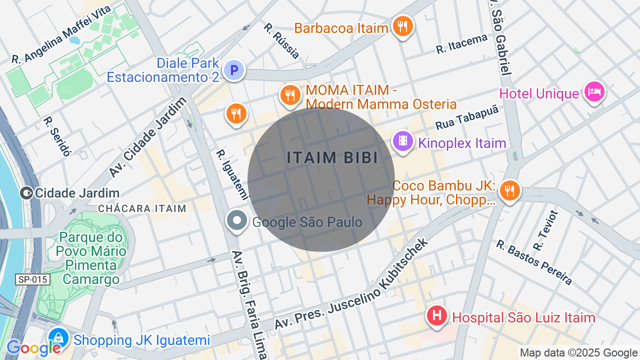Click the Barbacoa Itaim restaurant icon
[x=402, y=25]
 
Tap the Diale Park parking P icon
[x=233, y=70]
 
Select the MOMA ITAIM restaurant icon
[x=289, y=94]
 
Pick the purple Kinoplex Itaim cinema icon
[x=402, y=140]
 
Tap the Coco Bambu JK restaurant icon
[x=509, y=190]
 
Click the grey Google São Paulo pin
[x=237, y=220]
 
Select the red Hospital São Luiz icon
[x=436, y=316]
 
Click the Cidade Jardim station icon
[x=26, y=193]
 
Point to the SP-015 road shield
[x=33, y=279]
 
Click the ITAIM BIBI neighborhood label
[x=332, y=157]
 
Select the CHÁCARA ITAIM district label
[x=142, y=208]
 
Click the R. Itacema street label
[x=461, y=44]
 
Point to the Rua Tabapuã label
[x=467, y=118]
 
